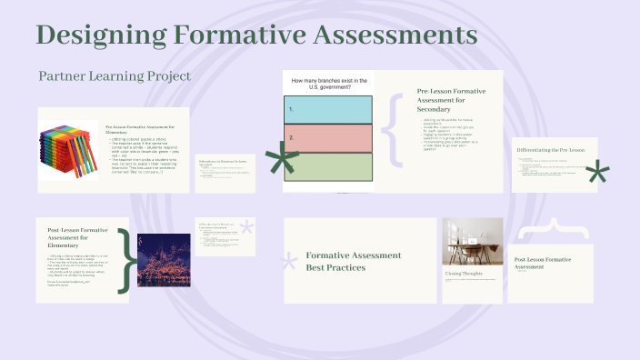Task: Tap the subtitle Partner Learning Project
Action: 115,76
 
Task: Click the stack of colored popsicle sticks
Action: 68,149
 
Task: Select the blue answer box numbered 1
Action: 329,109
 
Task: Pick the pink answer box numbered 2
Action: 329,138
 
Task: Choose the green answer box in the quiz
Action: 329,167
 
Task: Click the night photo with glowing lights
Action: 164,258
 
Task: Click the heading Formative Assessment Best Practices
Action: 354,261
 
